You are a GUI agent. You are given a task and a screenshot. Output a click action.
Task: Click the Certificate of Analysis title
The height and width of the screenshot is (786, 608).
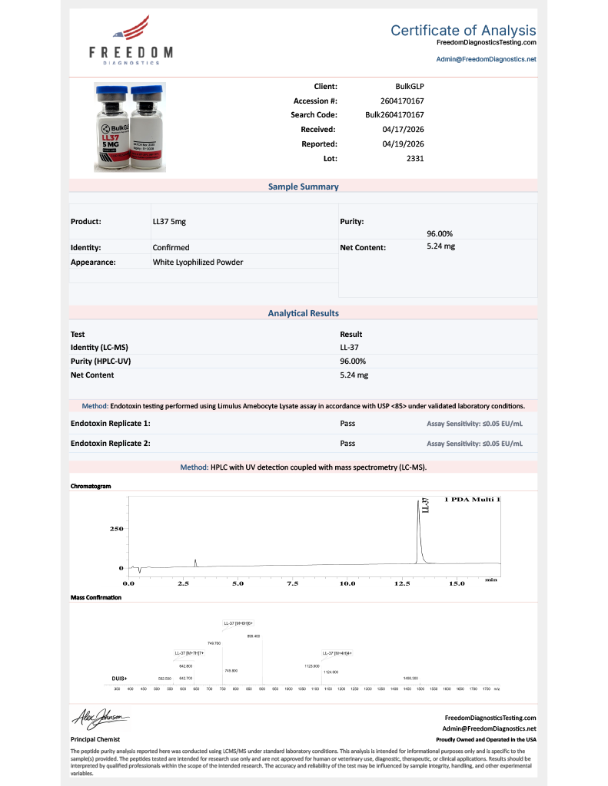[x=463, y=31]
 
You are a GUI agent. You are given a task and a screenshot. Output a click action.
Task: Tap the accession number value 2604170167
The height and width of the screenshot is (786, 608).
[x=402, y=101]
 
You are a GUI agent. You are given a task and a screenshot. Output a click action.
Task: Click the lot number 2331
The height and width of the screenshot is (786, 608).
[x=415, y=158]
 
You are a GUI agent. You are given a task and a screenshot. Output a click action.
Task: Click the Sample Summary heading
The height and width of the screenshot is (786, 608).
[x=303, y=187]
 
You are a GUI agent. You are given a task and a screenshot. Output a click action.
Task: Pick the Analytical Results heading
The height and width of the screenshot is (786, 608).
[x=303, y=313]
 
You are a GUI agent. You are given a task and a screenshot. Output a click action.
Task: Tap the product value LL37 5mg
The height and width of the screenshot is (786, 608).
[x=169, y=221]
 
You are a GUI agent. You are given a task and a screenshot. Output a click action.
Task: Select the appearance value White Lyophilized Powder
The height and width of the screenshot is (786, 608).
[x=198, y=262]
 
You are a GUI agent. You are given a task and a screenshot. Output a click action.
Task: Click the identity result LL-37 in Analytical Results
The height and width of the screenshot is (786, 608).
[x=351, y=348]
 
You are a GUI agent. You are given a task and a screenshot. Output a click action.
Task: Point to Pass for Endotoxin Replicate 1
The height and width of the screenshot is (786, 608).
[x=347, y=423]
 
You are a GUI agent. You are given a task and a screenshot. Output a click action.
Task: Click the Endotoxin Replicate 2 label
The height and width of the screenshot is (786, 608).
[x=110, y=443]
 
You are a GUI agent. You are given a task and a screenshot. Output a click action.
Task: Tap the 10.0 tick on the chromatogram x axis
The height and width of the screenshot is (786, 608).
[x=347, y=583]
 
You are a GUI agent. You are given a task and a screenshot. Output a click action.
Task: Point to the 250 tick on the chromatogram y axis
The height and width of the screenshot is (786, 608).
[x=115, y=530]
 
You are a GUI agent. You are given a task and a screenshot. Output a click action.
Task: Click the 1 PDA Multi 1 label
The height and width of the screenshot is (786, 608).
[x=472, y=500]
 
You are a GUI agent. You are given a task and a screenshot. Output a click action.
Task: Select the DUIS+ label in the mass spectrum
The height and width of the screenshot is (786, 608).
[x=119, y=679]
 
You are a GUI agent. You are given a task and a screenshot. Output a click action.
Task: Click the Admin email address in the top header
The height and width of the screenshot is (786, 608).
[x=486, y=58]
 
